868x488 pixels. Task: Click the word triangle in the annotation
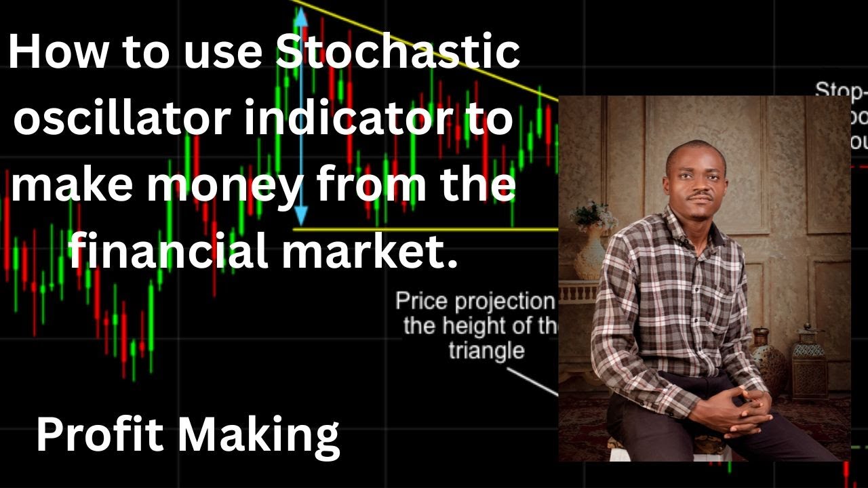[486, 350]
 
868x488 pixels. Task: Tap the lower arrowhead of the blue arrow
[300, 218]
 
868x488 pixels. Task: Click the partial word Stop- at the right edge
[841, 90]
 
